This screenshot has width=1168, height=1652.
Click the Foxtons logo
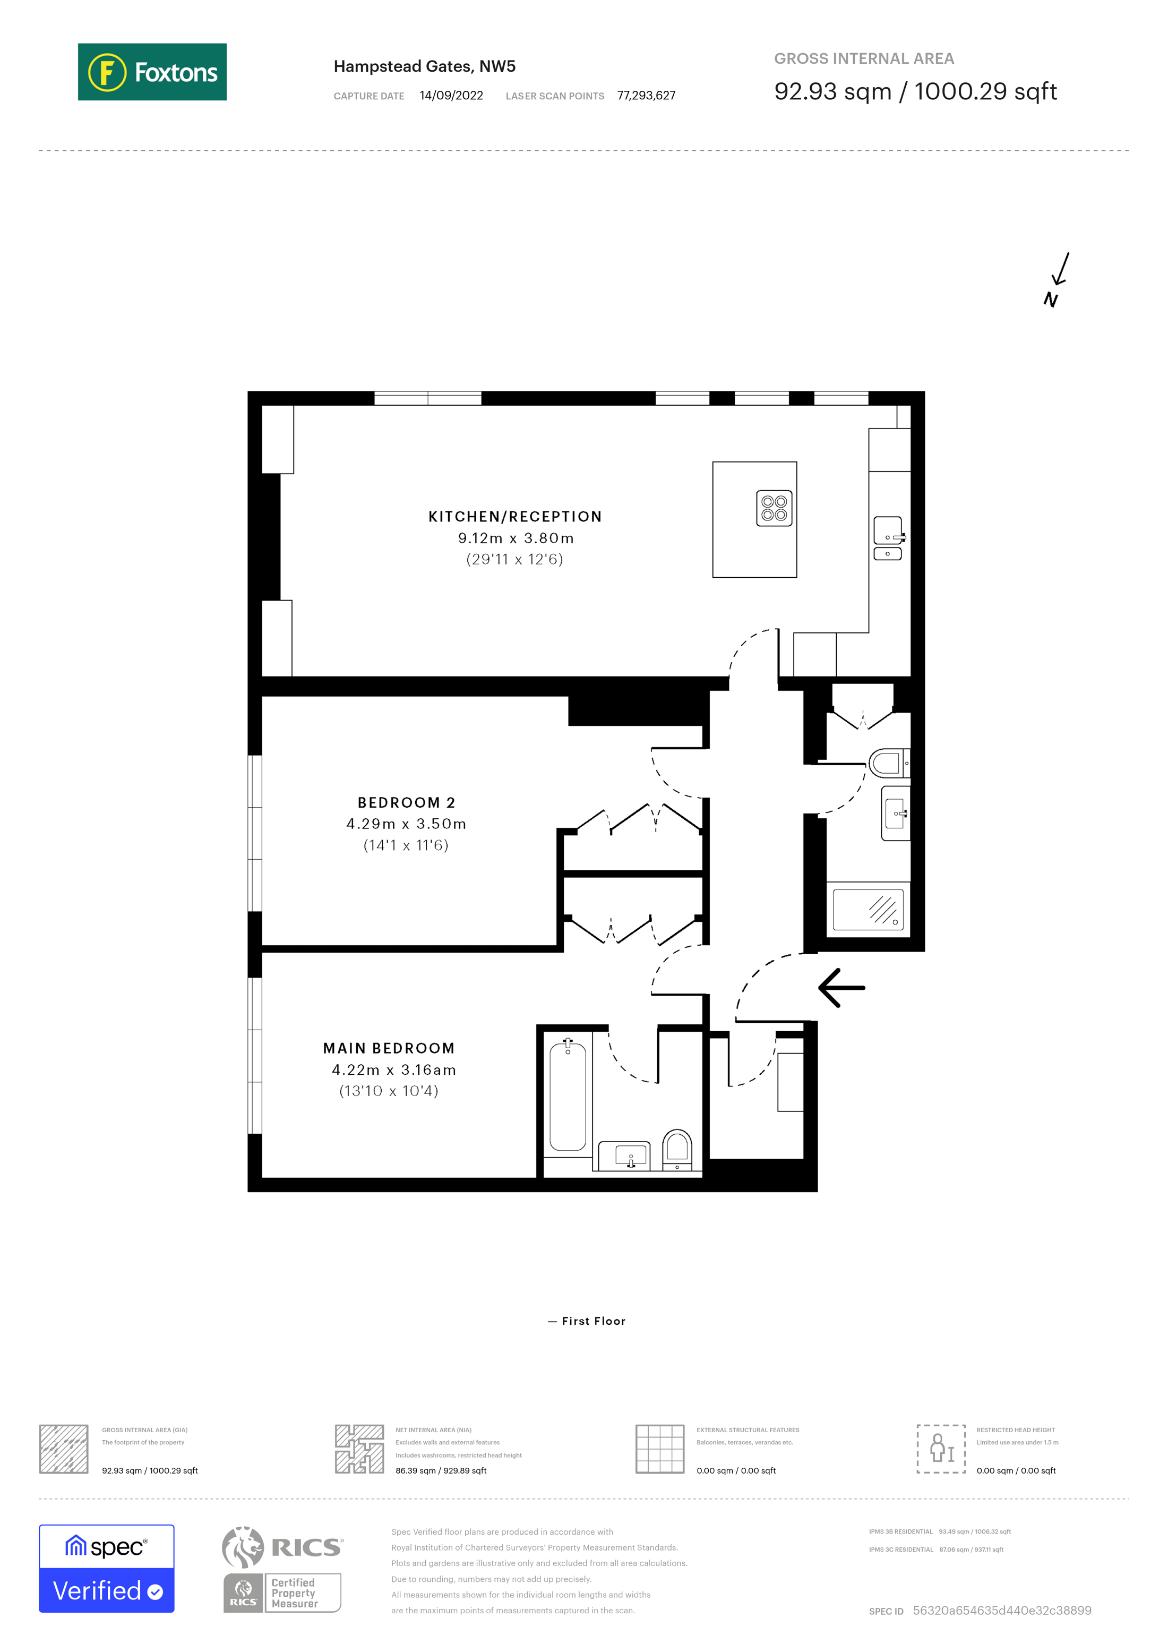152,72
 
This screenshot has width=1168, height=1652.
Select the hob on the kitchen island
774,508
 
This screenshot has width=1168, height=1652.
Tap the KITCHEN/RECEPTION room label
515,517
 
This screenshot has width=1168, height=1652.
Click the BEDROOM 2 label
406,802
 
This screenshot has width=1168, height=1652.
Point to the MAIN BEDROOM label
389,1048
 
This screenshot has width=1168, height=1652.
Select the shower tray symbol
868,910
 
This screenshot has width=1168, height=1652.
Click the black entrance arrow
841,987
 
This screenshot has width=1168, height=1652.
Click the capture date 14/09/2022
451,96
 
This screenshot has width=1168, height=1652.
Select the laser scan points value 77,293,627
646,96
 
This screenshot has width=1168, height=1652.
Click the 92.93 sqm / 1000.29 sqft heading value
915,91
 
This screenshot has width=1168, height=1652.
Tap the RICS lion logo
243,1546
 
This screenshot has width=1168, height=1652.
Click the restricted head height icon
941,1449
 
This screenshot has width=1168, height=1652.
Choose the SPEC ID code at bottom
1001,1610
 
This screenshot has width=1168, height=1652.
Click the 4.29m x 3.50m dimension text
406,824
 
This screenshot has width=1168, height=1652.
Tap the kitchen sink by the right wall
888,531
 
